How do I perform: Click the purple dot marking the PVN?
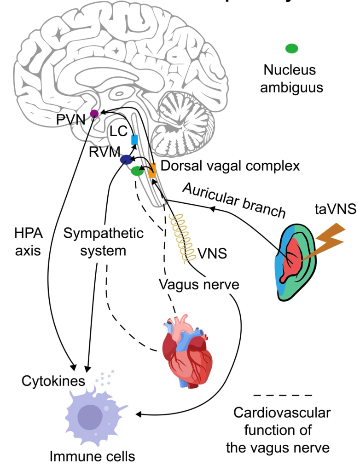pyautogui.click(x=94, y=113)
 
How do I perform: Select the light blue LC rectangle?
pyautogui.click(x=134, y=139)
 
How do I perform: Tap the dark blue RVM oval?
pyautogui.click(x=126, y=160)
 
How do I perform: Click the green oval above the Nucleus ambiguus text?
pyautogui.click(x=292, y=48)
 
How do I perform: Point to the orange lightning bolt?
pyautogui.click(x=325, y=238)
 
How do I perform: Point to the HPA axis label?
pyautogui.click(x=29, y=241)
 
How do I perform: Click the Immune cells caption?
pyautogui.click(x=93, y=457)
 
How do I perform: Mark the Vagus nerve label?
pyautogui.click(x=199, y=284)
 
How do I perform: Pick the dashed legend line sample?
pyautogui.click(x=283, y=395)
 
